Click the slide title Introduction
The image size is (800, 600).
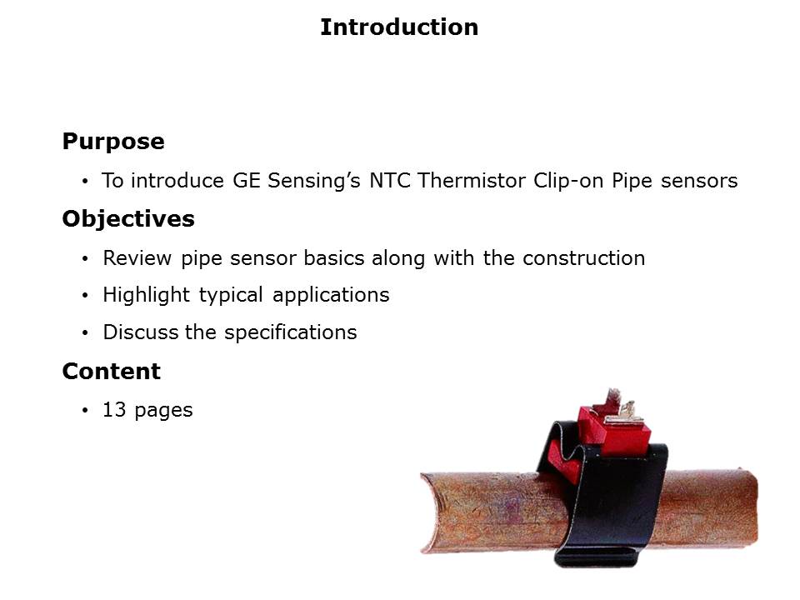coord(399,27)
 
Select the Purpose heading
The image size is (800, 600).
coord(113,142)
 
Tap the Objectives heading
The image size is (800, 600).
coord(128,219)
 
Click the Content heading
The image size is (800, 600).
coord(111,371)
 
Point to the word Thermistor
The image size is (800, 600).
coord(472,181)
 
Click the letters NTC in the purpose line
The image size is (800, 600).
coord(390,181)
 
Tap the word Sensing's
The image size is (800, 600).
coord(314,181)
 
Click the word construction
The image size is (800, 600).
coord(583,258)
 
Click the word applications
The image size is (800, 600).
coord(331,295)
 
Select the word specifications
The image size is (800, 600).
coord(290,332)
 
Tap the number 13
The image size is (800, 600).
coord(114,410)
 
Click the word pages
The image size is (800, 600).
coord(163,411)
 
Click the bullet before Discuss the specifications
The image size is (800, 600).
coord(85,333)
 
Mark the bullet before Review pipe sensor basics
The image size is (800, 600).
coord(85,258)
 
